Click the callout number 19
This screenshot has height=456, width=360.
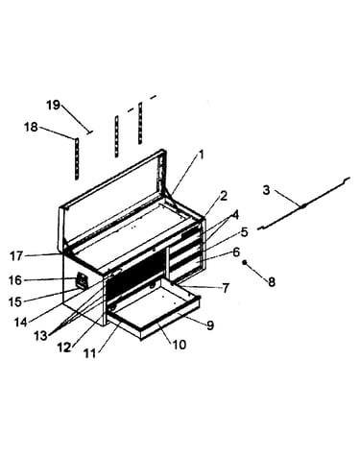pyautogui.click(x=54, y=105)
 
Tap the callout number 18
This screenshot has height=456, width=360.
pyautogui.click(x=31, y=128)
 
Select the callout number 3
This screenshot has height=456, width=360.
pyautogui.click(x=266, y=190)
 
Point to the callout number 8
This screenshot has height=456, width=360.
pyautogui.click(x=272, y=281)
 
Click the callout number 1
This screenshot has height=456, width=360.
pyautogui.click(x=201, y=155)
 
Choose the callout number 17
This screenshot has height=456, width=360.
pyautogui.click(x=16, y=256)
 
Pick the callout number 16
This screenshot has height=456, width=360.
pyautogui.click(x=15, y=280)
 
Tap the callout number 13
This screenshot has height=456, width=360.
pyautogui.click(x=41, y=336)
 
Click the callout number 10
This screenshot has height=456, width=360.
pyautogui.click(x=180, y=345)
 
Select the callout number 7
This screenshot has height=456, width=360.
pyautogui.click(x=226, y=288)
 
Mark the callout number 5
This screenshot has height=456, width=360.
pyautogui.click(x=244, y=232)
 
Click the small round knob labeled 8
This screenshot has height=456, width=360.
pyautogui.click(x=244, y=262)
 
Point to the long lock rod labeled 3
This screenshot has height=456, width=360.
pyautogui.click(x=303, y=205)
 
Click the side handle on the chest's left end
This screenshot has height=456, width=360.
pyautogui.click(x=82, y=280)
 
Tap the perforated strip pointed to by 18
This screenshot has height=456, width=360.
pyautogui.click(x=77, y=158)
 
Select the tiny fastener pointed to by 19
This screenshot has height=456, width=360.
pyautogui.click(x=89, y=132)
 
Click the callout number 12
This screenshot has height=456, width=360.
pyautogui.click(x=64, y=347)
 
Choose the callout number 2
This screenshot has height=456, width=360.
pyautogui.click(x=224, y=196)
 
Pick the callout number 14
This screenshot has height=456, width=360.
pyautogui.click(x=20, y=322)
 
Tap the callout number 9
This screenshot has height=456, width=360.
pyautogui.click(x=210, y=325)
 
